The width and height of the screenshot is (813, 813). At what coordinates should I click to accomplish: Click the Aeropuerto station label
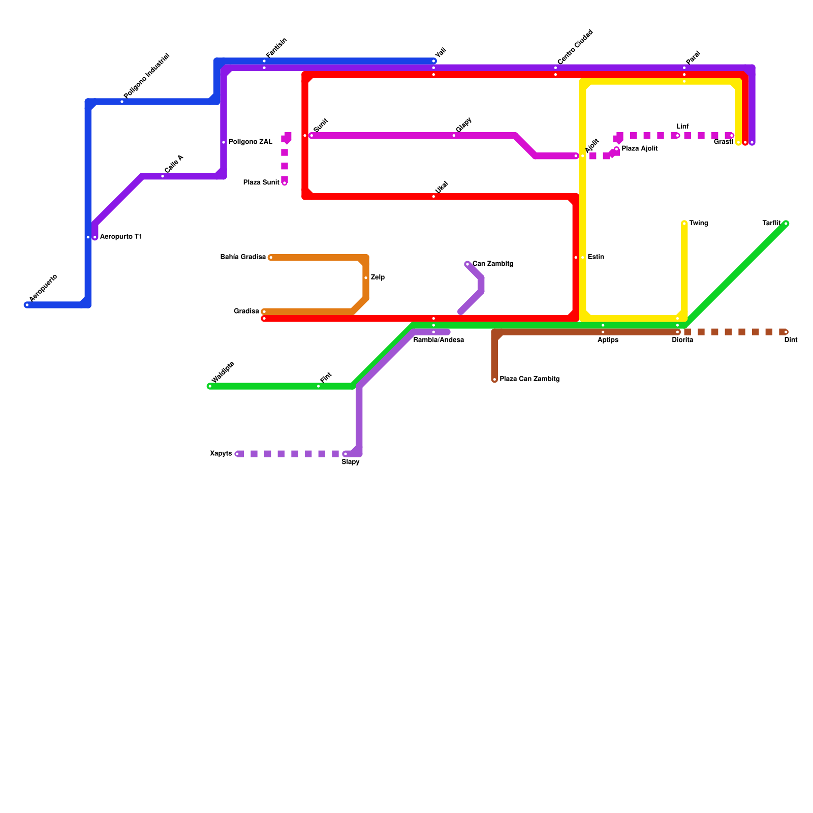click(43, 288)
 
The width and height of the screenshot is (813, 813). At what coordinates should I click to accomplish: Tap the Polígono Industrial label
click(146, 76)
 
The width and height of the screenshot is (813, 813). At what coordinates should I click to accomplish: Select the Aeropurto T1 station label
click(120, 237)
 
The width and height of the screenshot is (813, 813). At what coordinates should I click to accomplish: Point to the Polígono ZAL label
click(251, 142)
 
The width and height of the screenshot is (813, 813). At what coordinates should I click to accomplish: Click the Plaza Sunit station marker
click(285, 183)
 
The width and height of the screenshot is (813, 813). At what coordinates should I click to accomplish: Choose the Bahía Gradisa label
click(243, 257)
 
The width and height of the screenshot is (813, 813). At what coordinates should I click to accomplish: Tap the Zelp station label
click(378, 277)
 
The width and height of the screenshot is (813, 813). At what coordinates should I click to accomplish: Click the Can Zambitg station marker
click(467, 264)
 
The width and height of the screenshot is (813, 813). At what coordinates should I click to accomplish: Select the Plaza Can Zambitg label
click(529, 379)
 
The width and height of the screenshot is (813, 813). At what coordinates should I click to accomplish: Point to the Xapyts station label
click(221, 454)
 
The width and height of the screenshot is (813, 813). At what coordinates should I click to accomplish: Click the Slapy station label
click(351, 462)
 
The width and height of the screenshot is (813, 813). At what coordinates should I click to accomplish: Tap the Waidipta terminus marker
click(210, 386)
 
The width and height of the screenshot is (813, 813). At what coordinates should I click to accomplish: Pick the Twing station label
click(699, 223)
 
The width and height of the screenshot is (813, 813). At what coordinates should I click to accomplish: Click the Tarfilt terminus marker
click(786, 224)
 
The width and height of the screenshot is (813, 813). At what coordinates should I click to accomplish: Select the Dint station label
click(791, 340)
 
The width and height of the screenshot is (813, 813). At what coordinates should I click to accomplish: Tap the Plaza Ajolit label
click(640, 149)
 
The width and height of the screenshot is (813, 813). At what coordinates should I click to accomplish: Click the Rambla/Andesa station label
click(439, 340)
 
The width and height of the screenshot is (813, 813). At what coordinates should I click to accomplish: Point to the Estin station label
click(596, 257)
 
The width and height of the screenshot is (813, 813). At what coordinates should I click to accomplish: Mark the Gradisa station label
click(246, 311)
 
